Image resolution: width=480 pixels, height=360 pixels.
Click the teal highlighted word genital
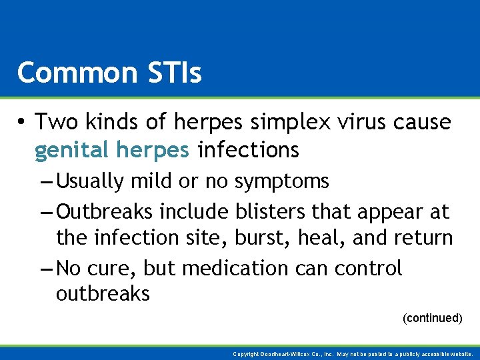71,151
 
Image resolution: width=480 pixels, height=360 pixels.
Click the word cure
112,268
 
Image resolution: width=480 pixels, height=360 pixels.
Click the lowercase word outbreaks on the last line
103,294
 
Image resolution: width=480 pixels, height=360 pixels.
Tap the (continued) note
432,318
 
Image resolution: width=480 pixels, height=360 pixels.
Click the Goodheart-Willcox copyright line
354,354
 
